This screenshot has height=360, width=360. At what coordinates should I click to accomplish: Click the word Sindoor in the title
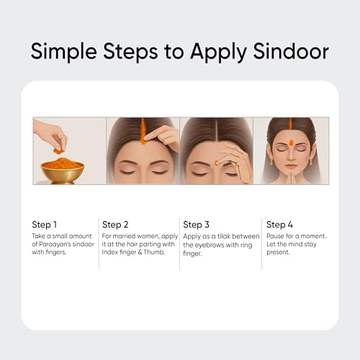[291, 51]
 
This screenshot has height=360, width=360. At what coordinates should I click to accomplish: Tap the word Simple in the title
[64, 52]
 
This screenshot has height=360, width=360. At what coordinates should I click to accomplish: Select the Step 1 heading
[45, 225]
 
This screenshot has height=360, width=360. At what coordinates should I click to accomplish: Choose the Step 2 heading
[115, 225]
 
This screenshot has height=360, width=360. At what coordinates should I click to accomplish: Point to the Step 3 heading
[196, 225]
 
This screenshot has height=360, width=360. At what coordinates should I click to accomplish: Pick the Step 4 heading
[279, 225]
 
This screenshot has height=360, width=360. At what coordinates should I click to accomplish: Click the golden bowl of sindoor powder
[63, 171]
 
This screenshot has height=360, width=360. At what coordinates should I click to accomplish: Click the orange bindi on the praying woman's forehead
[291, 143]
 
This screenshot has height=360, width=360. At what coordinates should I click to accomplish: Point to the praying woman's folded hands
[291, 177]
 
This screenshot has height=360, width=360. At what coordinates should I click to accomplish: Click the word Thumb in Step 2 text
[154, 252]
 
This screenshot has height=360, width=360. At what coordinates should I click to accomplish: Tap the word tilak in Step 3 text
[224, 236]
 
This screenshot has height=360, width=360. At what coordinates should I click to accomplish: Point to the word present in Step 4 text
[278, 253]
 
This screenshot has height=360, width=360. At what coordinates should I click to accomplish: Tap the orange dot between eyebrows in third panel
[217, 163]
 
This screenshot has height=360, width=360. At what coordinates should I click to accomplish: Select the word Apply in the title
[218, 52]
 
